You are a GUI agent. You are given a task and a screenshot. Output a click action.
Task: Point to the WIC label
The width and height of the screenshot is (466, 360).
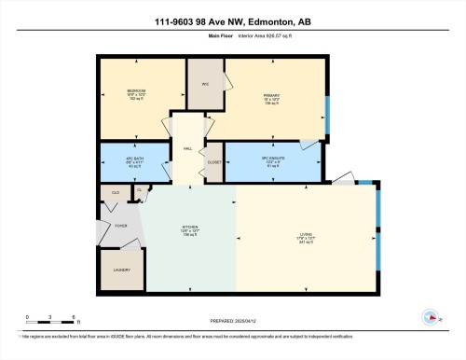pos(204,85)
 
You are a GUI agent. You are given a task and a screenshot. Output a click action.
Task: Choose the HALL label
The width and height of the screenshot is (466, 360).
pos(186,147)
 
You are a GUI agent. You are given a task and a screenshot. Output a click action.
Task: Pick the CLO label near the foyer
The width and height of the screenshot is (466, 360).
pos(116,194)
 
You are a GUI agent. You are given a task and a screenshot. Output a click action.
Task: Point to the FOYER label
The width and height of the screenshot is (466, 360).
pos(120,225)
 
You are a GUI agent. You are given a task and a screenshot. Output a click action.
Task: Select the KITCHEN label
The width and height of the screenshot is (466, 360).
pos(189,229)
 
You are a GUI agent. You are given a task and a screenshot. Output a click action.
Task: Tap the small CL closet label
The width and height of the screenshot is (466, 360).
pos(139,190)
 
